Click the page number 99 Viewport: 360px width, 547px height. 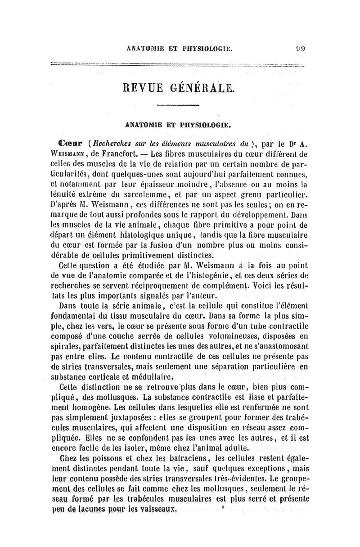pos(301,50)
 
